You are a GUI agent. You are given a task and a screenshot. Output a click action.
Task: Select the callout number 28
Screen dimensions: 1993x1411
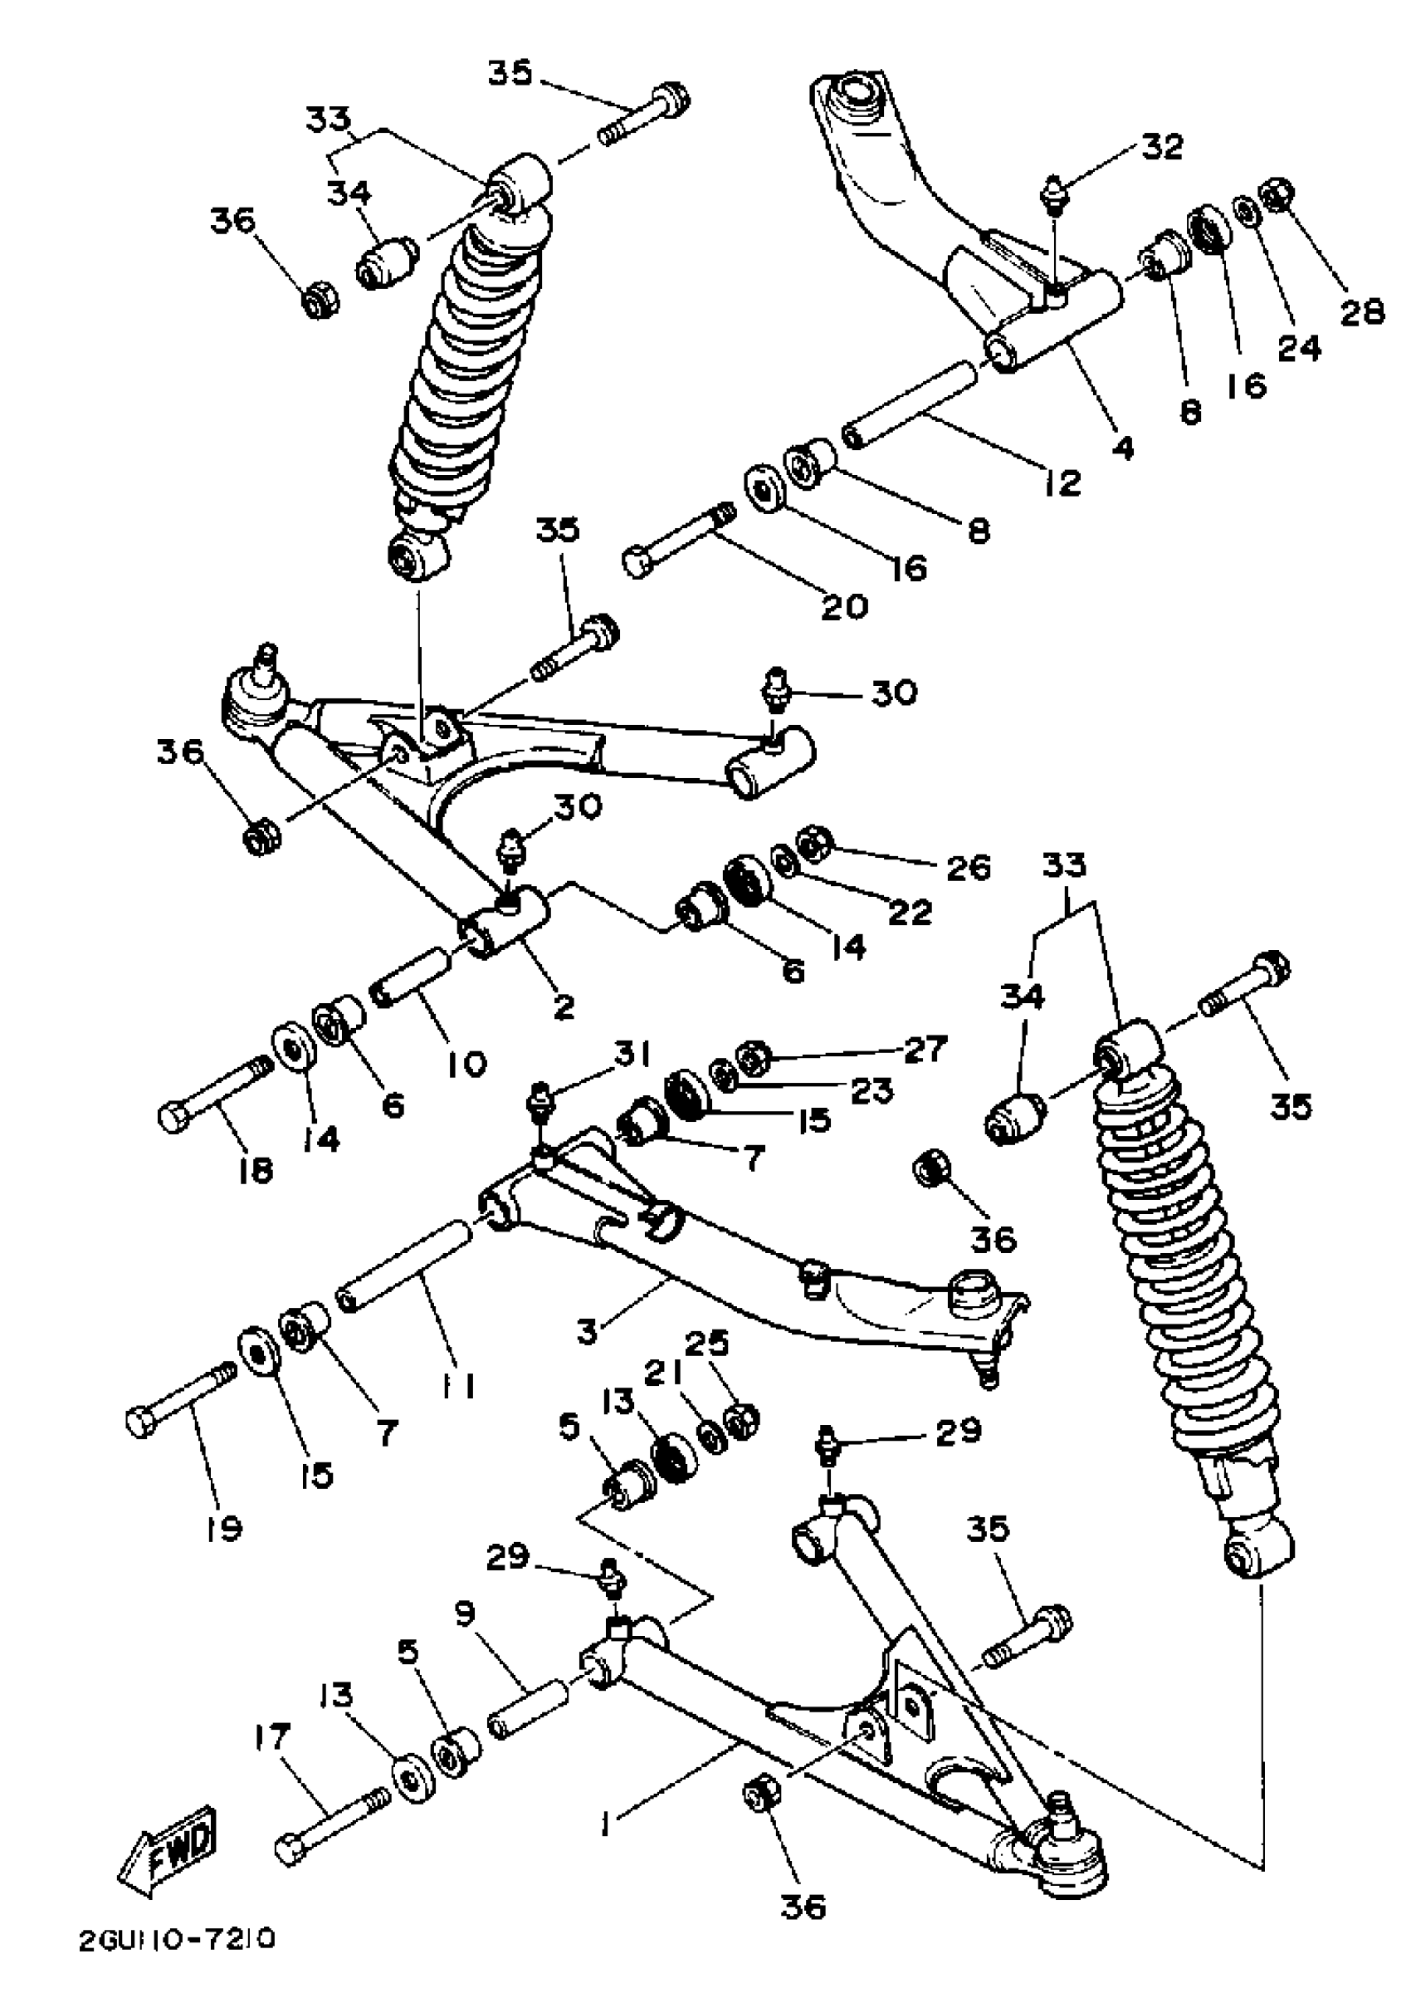(x=1361, y=312)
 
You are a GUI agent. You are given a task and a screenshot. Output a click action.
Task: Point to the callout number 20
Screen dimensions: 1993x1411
(x=844, y=606)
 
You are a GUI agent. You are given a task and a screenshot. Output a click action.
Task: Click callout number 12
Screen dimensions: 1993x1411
(x=1062, y=482)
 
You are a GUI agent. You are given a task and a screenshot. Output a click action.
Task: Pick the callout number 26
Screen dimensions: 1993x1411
(x=968, y=867)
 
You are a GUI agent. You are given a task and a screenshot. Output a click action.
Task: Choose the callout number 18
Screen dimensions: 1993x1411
(x=255, y=1169)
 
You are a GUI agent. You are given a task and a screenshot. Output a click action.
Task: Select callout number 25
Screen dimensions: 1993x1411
(x=706, y=1344)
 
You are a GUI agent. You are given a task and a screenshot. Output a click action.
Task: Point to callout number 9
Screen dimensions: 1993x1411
(x=466, y=1613)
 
